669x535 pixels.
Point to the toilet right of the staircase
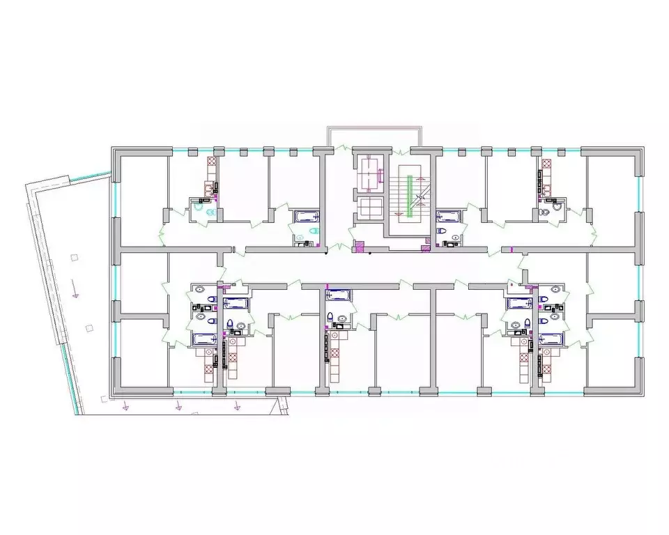440,231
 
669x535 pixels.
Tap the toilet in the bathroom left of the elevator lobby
313,232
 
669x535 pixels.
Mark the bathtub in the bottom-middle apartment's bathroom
337,295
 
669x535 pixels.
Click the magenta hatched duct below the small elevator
360,246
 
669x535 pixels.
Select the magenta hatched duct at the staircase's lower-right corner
424,245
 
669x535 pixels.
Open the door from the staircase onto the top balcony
404,149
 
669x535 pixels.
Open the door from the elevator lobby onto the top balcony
341,148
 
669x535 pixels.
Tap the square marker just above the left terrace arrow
72,258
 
